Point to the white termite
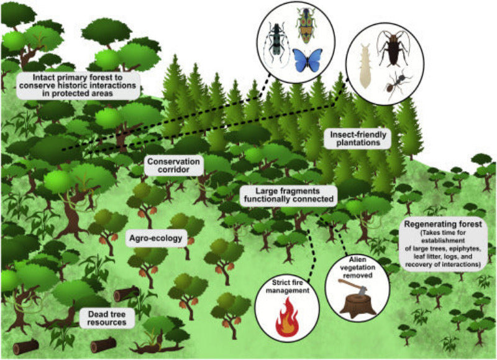click(x=364, y=65)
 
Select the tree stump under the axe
click(x=355, y=304)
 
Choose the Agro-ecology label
click(x=156, y=238)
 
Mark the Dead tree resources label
click(x=107, y=318)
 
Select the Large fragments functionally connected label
click(x=288, y=195)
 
